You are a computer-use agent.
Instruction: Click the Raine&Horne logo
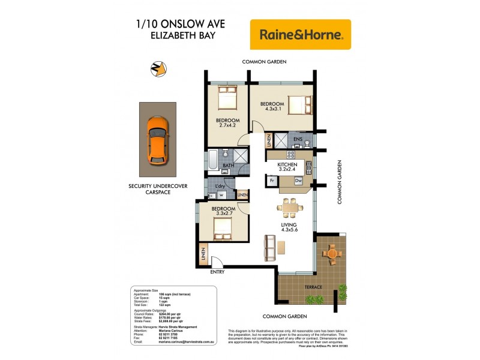(301, 35)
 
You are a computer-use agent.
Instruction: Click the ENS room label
(298, 139)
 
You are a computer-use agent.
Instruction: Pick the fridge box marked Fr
(272, 180)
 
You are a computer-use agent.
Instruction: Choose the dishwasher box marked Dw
(298, 180)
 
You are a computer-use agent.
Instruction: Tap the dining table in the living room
(289, 208)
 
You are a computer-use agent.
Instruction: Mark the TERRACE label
(313, 287)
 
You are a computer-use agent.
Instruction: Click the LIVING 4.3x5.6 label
(289, 229)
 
